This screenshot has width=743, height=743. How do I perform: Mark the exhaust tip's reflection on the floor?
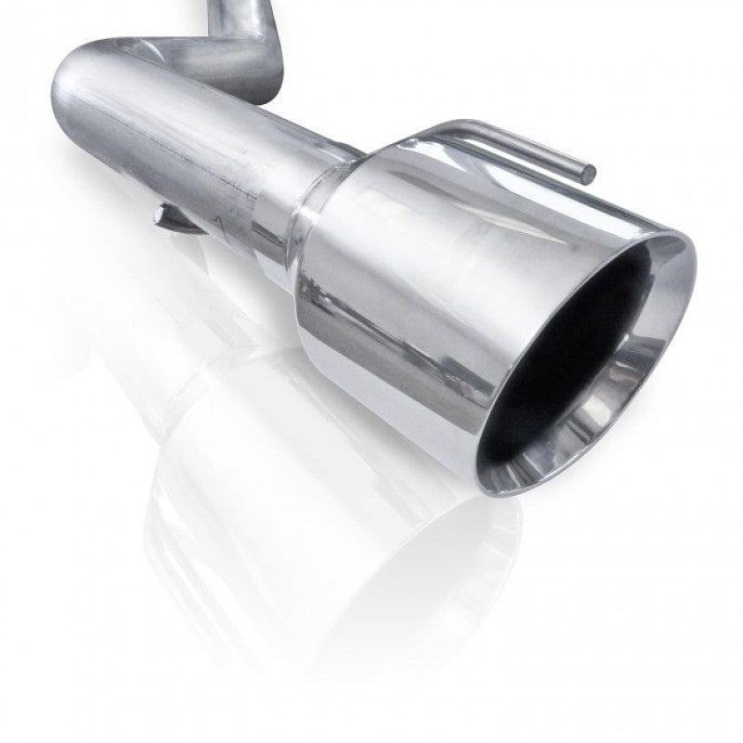(390, 520)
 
